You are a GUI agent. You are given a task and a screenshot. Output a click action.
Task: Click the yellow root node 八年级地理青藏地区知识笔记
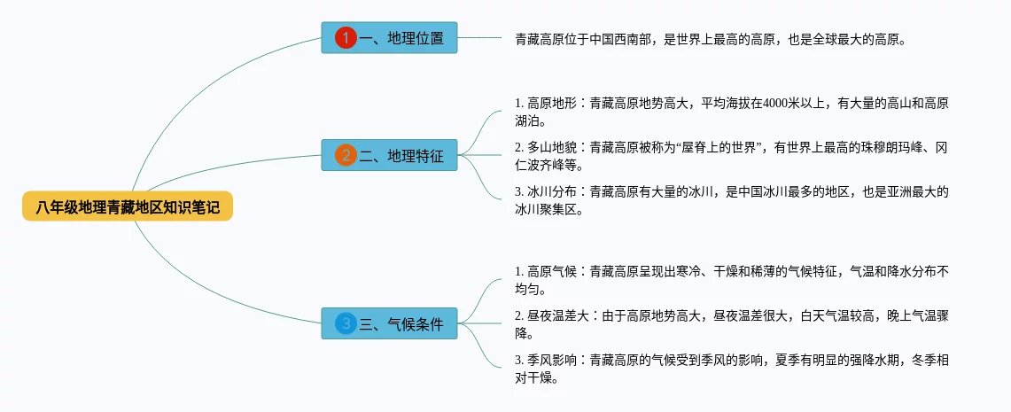(x=128, y=207)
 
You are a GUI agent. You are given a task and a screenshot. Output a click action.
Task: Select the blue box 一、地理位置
(x=389, y=38)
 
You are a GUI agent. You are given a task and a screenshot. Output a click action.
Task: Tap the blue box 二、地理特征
(x=389, y=156)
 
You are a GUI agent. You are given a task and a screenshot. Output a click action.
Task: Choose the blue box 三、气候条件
(x=389, y=324)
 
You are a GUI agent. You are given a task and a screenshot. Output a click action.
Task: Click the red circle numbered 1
(x=346, y=38)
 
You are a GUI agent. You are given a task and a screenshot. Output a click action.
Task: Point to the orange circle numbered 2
(x=346, y=156)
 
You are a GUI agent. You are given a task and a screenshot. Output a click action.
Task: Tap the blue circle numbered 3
(x=346, y=324)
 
